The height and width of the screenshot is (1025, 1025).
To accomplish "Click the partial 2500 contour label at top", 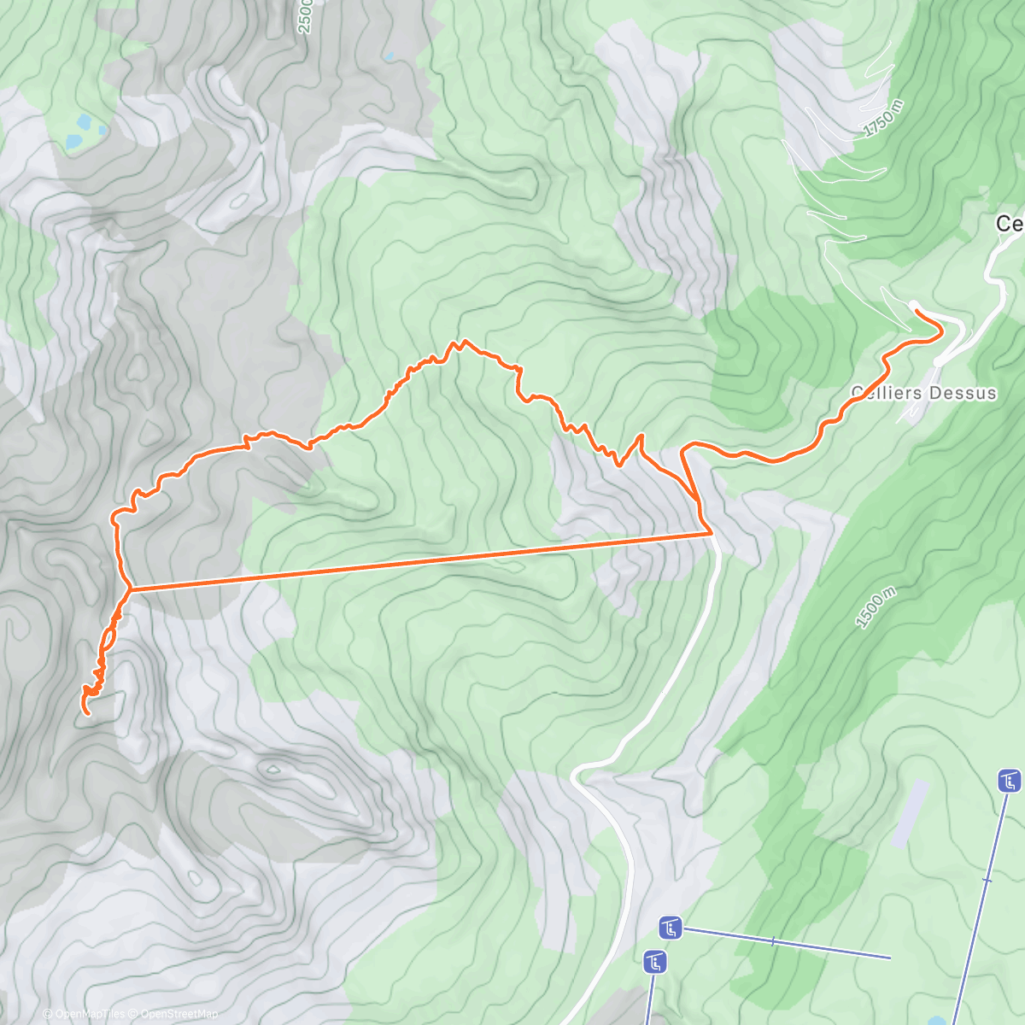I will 306,15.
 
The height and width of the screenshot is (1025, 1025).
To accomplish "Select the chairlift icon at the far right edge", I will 1010,781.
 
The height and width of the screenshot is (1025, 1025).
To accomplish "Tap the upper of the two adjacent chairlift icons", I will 671,927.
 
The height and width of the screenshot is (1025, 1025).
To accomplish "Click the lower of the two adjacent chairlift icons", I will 655,962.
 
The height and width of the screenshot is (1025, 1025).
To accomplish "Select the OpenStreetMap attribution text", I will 179,1014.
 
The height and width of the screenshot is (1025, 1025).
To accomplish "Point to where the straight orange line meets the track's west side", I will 129,589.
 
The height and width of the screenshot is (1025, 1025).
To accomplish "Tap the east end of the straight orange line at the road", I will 711,534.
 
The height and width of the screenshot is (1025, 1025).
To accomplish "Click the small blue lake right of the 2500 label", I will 389,56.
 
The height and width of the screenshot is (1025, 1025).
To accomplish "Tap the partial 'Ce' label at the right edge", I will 1010,224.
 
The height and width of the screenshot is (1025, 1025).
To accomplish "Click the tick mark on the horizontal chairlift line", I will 773,941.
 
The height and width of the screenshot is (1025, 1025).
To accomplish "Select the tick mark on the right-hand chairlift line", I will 987,880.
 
